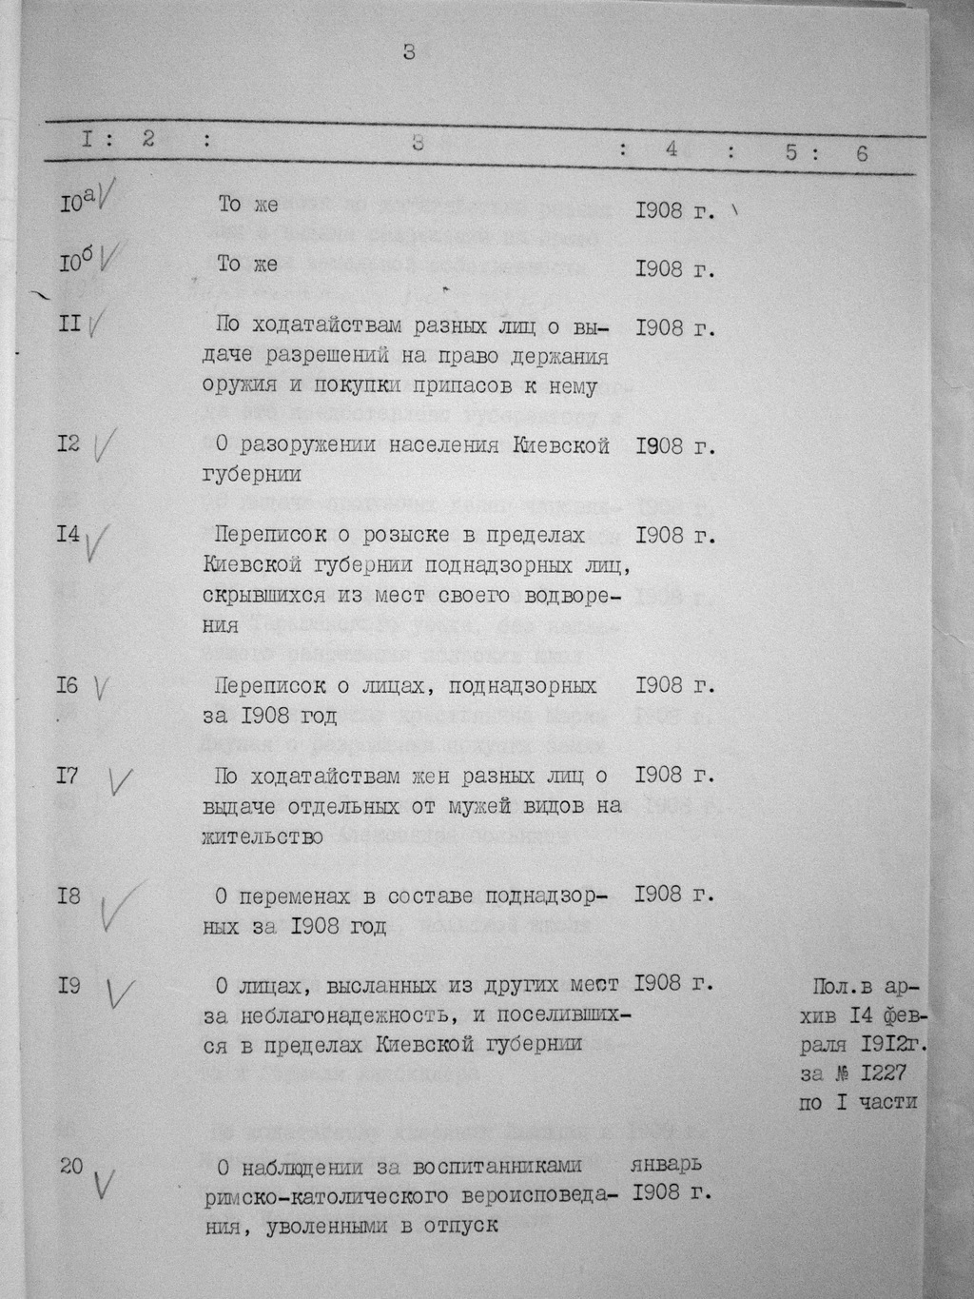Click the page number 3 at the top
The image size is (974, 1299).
[409, 52]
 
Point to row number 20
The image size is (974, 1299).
[70, 1165]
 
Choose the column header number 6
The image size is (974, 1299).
[862, 152]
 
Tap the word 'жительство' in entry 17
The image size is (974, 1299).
[262, 836]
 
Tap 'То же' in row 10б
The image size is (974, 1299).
[247, 264]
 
